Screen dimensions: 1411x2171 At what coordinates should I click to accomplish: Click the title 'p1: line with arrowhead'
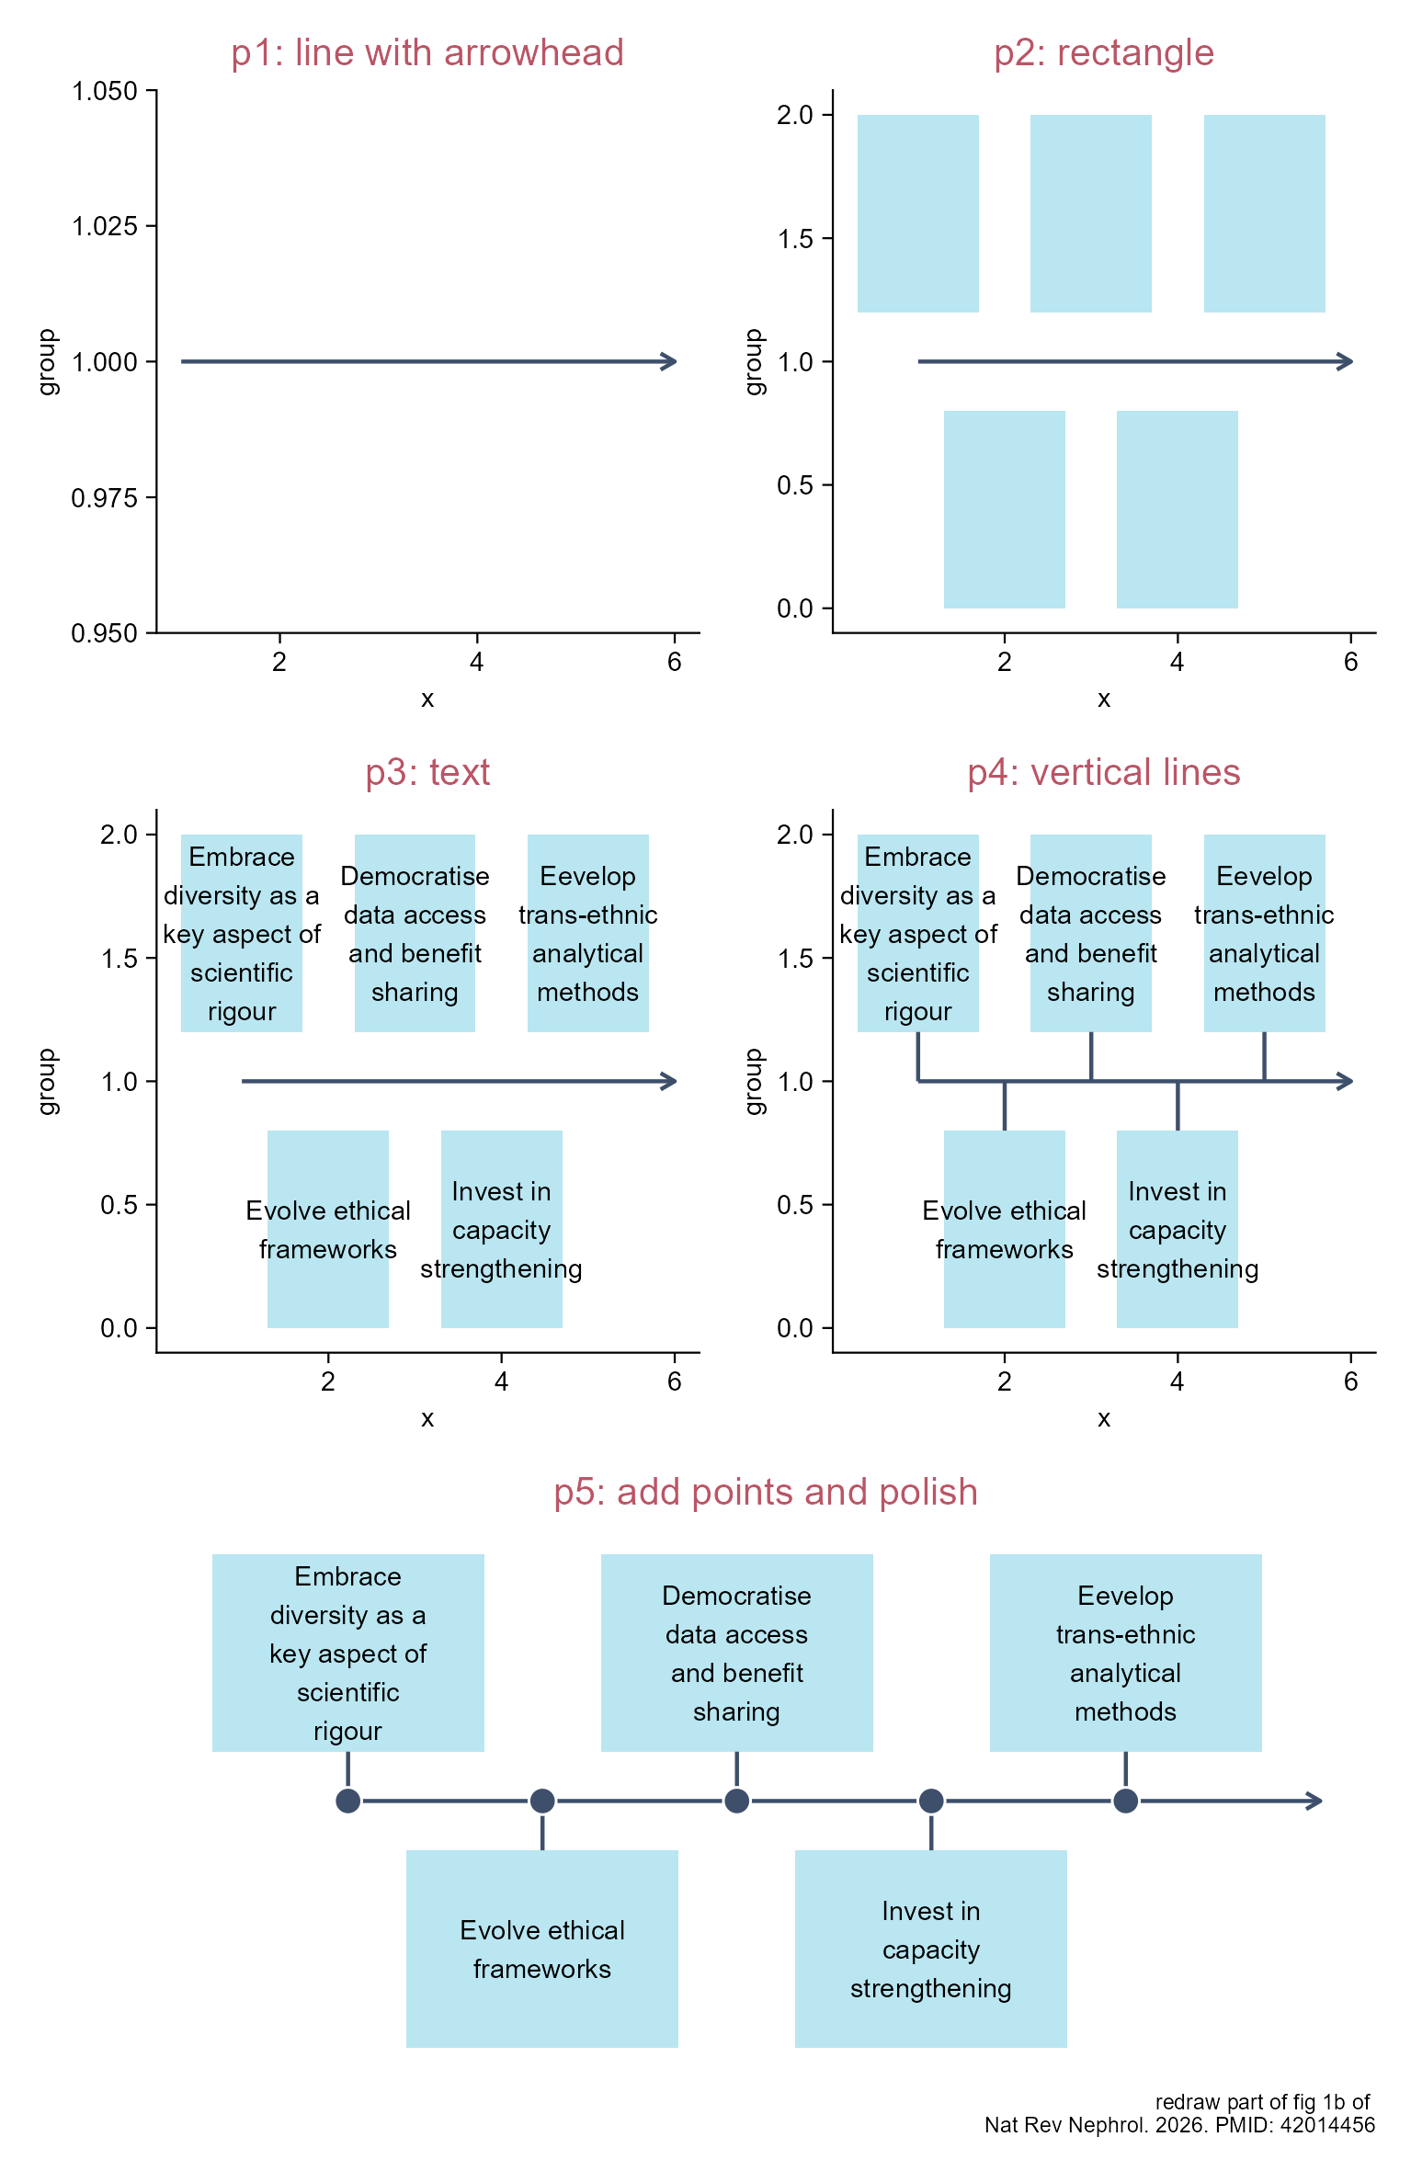coord(427,53)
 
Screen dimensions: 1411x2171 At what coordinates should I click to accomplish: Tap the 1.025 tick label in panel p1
coord(105,226)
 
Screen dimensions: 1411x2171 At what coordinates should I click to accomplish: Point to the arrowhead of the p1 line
coord(670,361)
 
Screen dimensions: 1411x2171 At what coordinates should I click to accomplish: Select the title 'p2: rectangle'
coord(1104,53)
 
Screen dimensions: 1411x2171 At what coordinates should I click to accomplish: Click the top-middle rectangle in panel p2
coord(1091,213)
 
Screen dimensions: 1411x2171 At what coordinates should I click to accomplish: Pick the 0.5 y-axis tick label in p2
coord(795,485)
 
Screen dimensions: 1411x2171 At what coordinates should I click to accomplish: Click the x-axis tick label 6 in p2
coord(1350,662)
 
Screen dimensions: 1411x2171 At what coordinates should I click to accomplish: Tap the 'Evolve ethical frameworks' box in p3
coord(328,1229)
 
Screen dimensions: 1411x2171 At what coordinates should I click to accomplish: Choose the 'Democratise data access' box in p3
coord(415,933)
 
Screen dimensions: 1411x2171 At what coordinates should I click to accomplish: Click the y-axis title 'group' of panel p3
coord(47,1081)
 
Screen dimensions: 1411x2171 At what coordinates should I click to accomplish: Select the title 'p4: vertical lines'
coord(1104,773)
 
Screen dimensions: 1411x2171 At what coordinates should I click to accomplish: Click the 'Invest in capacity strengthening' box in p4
coord(1178,1229)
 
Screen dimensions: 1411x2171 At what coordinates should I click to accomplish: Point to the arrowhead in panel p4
coord(1346,1081)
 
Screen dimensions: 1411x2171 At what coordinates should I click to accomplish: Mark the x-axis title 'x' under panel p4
coord(1104,1418)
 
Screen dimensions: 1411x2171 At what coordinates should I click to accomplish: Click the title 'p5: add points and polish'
coord(766,1493)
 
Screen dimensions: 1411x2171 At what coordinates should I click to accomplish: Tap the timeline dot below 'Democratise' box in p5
coord(736,1801)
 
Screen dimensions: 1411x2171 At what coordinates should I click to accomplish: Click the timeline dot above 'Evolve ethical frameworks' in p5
coord(542,1801)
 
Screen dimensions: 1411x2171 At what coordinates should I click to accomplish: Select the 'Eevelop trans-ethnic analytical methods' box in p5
coord(1126,1653)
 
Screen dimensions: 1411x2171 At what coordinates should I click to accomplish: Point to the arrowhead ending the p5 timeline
coord(1315,1801)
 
